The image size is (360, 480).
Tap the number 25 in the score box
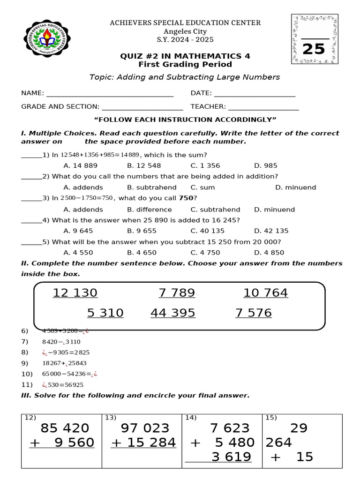pyautogui.click(x=314, y=49)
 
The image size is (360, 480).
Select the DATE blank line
pyautogui.click(x=255, y=94)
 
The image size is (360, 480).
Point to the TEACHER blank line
pyautogui.click(x=263, y=107)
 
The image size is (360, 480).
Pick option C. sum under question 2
pyautogui.click(x=202, y=187)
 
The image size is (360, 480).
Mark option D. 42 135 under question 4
pyautogui.click(x=271, y=231)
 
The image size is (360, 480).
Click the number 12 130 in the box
pyautogui.click(x=75, y=293)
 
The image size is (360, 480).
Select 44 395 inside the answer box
pyautogui.click(x=173, y=313)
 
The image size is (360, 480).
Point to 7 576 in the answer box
pyautogui.click(x=254, y=313)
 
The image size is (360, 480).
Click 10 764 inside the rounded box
pyautogui.click(x=266, y=293)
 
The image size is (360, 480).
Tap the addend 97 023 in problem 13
pyautogui.click(x=145, y=428)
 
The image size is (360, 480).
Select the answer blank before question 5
pyautogui.click(x=31, y=242)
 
